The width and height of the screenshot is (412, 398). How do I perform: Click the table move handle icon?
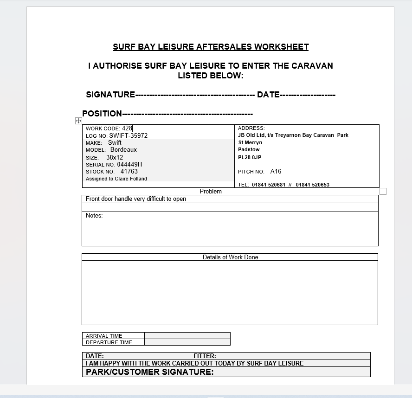tap(78, 121)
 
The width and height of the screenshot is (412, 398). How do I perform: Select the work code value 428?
tap(127, 128)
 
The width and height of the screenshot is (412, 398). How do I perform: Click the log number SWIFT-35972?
tap(129, 136)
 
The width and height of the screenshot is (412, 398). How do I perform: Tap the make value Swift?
tap(115, 143)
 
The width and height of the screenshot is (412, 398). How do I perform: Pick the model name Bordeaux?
tap(123, 150)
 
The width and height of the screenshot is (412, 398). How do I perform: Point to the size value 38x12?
tap(115, 157)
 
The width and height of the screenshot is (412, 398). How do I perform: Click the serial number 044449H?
tap(129, 164)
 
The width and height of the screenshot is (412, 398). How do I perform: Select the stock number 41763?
tap(129, 172)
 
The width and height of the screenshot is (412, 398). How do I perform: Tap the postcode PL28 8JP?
tap(250, 157)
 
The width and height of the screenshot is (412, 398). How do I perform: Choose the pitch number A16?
tap(276, 172)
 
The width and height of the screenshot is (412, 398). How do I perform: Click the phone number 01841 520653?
tap(312, 185)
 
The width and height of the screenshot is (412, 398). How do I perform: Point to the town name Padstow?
tap(249, 150)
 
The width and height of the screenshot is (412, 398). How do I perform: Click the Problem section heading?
tap(211, 191)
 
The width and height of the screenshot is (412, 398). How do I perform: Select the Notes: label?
tap(94, 216)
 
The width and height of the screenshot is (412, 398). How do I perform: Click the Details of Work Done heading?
tap(230, 257)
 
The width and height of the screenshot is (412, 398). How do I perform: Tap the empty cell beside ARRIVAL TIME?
tap(187, 336)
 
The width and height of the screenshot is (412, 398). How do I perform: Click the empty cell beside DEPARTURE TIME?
tap(187, 342)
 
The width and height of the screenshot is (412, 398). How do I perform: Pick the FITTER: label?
tap(205, 356)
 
